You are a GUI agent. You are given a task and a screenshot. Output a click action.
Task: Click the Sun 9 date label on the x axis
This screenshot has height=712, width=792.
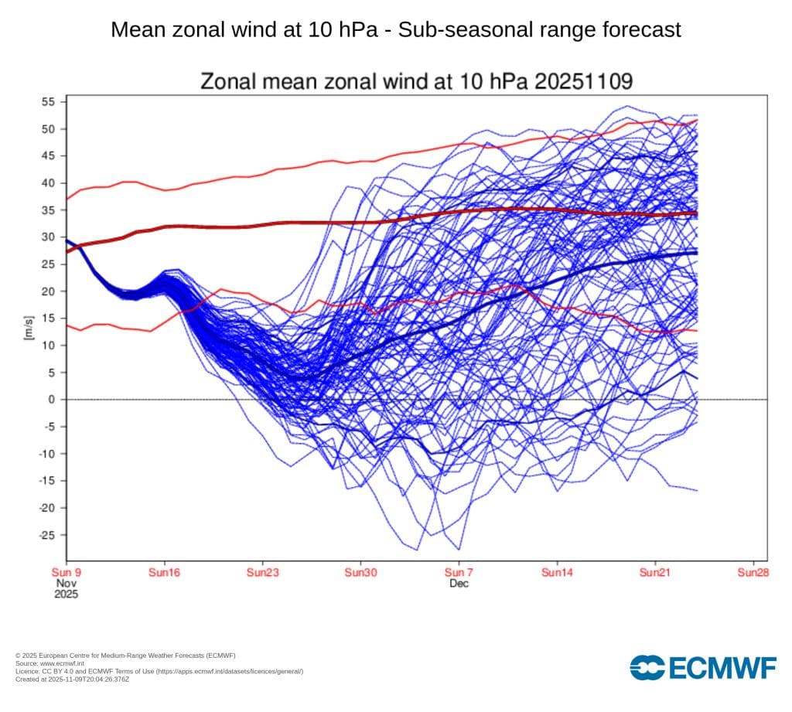click(x=66, y=573)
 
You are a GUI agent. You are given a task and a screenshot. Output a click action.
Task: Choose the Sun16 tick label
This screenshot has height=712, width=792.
click(x=164, y=573)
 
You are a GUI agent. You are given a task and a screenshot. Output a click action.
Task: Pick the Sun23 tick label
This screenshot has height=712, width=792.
click(x=262, y=573)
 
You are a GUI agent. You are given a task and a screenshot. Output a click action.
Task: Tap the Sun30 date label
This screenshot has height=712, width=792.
click(x=360, y=573)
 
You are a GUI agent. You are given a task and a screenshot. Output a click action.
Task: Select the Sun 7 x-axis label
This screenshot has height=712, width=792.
click(x=459, y=573)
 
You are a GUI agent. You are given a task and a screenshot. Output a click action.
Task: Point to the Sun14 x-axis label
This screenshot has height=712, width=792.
click(x=557, y=573)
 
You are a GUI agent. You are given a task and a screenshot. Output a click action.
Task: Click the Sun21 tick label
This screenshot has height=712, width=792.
click(x=655, y=573)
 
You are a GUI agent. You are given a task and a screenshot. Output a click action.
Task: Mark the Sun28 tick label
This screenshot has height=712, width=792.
click(x=753, y=573)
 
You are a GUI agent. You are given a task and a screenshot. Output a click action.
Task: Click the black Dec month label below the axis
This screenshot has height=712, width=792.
click(x=459, y=584)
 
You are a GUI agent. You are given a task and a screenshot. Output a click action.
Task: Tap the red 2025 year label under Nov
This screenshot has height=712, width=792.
click(x=66, y=595)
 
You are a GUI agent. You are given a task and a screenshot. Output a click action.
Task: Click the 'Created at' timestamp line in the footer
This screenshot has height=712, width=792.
click(x=72, y=679)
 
